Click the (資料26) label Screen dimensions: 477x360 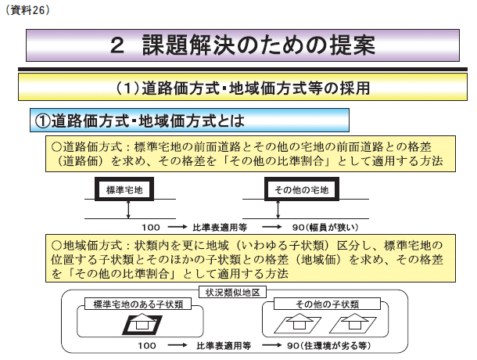[x=27, y=10]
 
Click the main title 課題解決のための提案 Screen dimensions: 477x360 [x=258, y=45]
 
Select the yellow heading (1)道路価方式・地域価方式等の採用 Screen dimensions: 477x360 [x=242, y=88]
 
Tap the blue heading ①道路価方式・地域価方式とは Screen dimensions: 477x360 [x=140, y=121]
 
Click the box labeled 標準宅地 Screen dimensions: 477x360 [x=124, y=189]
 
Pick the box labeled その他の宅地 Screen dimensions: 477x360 [x=302, y=189]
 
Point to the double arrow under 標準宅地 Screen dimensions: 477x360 [x=128, y=209]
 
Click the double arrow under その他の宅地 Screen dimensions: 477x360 [x=278, y=209]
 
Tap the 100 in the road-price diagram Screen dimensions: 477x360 [x=151, y=227]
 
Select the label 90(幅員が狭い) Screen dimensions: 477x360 [x=325, y=227]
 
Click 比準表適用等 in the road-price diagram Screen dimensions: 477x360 [x=220, y=227]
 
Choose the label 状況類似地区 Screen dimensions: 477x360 [x=233, y=293]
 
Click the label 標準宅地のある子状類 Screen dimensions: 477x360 [x=138, y=304]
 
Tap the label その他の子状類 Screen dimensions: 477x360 [x=328, y=304]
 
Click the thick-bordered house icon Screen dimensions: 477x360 [x=142, y=324]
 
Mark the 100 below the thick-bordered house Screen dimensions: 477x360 [x=147, y=346]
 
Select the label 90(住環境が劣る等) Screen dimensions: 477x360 [x=329, y=346]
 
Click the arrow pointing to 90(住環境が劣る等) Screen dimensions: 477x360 [x=271, y=345]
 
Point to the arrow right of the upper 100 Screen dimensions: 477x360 [x=178, y=227]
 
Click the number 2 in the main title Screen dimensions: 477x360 [x=117, y=45]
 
